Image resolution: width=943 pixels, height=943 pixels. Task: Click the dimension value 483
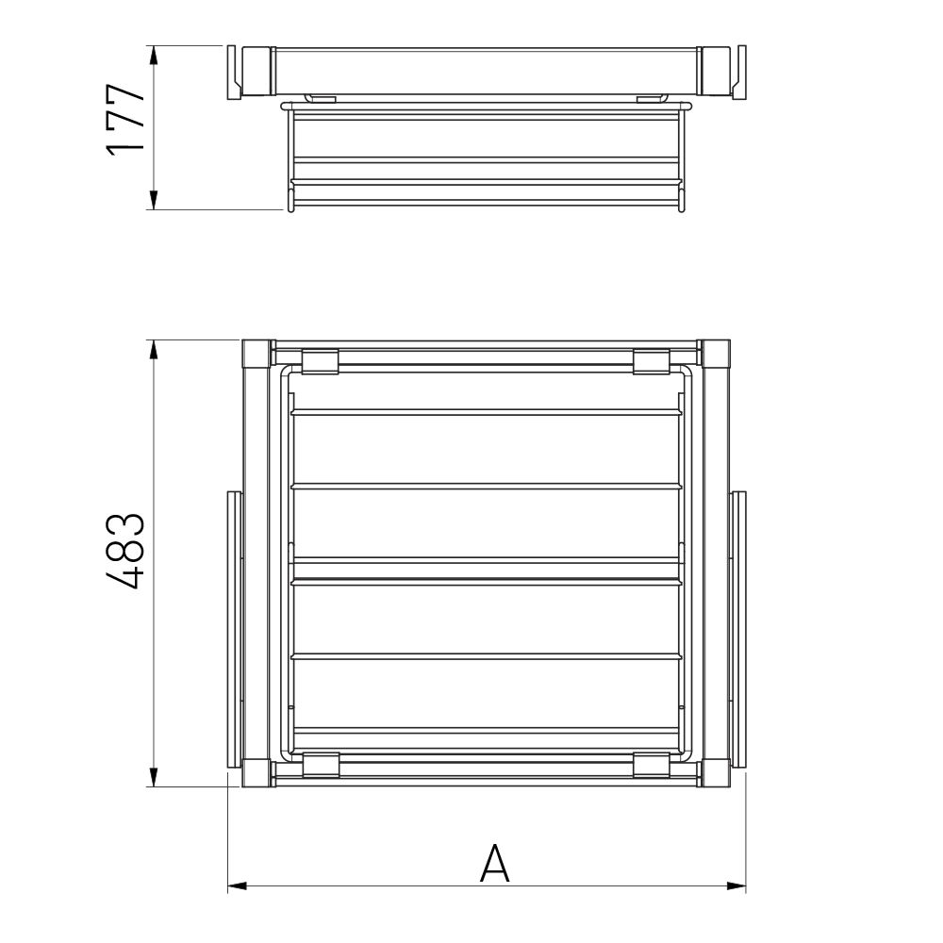pyautogui.click(x=125, y=551)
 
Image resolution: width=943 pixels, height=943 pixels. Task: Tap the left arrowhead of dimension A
pyautogui.click(x=237, y=885)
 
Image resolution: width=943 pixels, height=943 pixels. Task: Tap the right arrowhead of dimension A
pyautogui.click(x=736, y=885)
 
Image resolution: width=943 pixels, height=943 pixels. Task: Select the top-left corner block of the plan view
pyautogui.click(x=256, y=354)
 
